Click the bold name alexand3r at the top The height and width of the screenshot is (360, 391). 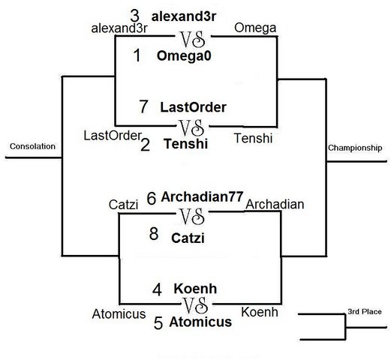point(184,16)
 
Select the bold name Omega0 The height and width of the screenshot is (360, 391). point(184,55)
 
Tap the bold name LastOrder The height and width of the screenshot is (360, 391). point(193,107)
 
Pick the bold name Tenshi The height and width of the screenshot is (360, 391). point(186,144)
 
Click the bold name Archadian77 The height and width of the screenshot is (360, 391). point(202,196)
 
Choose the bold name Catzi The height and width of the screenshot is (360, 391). point(188,238)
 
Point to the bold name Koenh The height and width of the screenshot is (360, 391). point(195,289)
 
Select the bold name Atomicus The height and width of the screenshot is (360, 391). point(200,322)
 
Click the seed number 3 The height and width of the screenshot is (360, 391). point(134,16)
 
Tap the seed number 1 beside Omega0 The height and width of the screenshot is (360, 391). point(137,55)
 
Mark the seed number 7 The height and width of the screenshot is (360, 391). point(143,106)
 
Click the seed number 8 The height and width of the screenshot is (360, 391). point(154,234)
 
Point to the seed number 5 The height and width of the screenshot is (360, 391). point(158,322)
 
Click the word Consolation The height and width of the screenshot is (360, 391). point(32,146)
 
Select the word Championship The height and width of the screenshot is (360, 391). point(355,148)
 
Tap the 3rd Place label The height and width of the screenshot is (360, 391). point(365,312)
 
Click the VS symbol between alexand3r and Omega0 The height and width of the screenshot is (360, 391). point(193,40)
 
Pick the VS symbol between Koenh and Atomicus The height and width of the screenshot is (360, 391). point(195,305)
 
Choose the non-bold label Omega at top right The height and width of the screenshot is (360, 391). point(255,28)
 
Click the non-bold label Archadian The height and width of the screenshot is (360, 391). point(275,205)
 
